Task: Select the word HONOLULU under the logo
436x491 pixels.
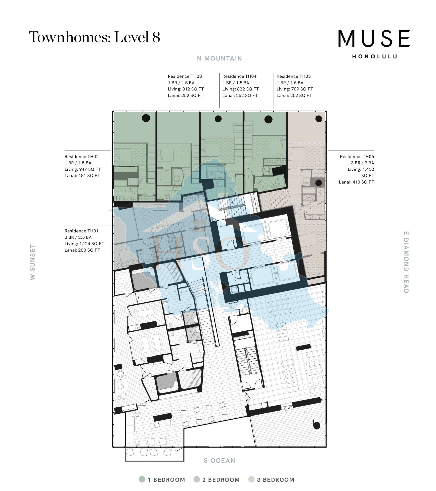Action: tap(374, 57)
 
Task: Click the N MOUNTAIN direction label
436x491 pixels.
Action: tap(219, 58)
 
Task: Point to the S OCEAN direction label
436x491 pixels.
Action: tap(219, 461)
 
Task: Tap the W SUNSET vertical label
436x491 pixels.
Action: tap(33, 262)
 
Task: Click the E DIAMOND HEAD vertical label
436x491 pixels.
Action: tap(406, 262)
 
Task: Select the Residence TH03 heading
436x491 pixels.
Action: tap(185, 76)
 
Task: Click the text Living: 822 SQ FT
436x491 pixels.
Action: tap(240, 89)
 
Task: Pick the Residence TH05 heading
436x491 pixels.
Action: tap(293, 76)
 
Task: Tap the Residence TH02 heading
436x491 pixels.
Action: tap(81, 157)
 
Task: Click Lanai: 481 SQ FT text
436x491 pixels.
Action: tap(82, 176)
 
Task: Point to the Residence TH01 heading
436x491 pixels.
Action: tap(81, 231)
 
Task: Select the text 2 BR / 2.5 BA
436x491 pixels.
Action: tap(78, 237)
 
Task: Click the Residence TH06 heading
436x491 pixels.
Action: tap(357, 157)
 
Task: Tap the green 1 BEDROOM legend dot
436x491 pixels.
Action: tap(142, 479)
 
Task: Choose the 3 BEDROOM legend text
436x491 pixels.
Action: tap(276, 480)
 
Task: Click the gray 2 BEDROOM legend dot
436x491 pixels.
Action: tap(197, 479)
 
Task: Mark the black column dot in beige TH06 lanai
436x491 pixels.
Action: tap(319, 119)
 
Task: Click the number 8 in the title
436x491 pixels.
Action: tap(156, 37)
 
